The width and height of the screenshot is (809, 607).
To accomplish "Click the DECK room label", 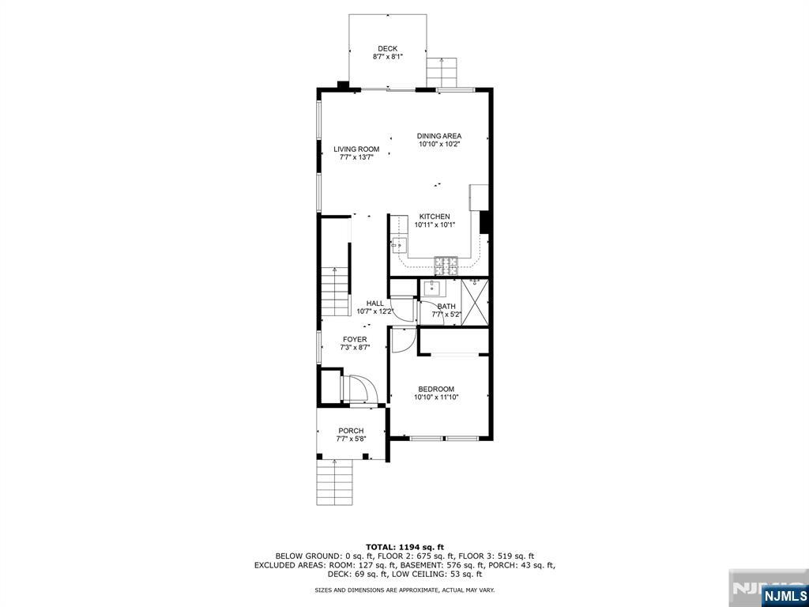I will pos(387,49).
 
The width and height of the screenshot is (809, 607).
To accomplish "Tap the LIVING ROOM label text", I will pos(356,149).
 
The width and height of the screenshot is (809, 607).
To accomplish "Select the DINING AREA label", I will pos(439,136).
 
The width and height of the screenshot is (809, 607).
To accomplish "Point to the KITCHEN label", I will pos(435,217).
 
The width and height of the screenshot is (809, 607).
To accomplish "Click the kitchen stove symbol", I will pos(446,265).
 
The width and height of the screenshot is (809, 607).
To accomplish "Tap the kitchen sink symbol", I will pos(397,246).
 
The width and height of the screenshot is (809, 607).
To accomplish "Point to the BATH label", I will pos(446,307).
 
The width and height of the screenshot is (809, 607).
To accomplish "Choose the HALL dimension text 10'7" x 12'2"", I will pos(374,311).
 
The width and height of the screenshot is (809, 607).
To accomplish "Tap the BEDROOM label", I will pos(436,389).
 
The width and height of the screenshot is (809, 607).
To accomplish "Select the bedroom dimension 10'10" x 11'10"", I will pos(436,398).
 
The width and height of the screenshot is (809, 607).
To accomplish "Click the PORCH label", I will pos(351,431).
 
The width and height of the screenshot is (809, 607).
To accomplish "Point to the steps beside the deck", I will pos(442,73).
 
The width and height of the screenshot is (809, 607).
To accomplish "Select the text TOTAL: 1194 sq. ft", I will pos(404,547).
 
